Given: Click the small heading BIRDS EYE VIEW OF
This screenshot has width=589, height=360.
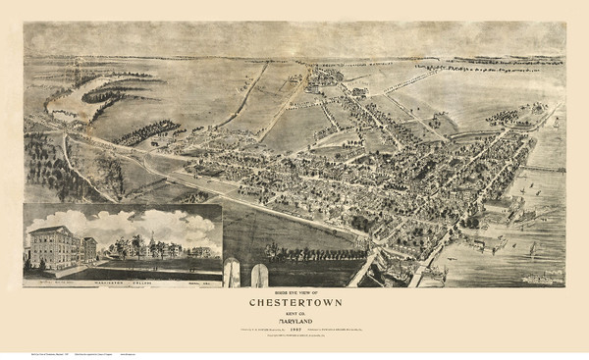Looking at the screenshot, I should pos(294,292).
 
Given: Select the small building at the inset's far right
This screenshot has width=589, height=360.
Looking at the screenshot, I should pos(202,252).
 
